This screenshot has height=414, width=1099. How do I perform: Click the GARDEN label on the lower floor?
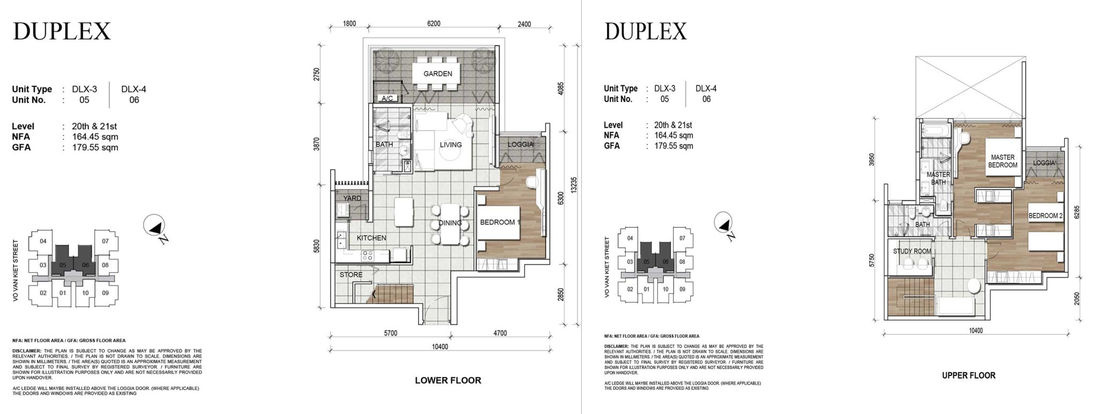437,74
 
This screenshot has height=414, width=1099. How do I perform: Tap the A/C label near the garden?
386,99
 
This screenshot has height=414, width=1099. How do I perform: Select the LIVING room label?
450,144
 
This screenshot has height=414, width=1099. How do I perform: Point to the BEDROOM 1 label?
500,222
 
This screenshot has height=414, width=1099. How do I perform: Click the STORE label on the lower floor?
351,275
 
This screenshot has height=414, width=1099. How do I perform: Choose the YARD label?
352,198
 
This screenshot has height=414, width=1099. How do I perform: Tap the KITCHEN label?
371,238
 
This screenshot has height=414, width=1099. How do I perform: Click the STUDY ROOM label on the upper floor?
912,251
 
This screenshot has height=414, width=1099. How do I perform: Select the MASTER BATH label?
938,178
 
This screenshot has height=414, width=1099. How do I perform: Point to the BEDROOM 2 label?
1045,216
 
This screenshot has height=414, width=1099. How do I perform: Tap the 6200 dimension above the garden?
434,24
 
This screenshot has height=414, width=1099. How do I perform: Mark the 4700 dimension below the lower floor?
500,333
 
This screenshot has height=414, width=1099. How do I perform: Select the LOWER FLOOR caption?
448,380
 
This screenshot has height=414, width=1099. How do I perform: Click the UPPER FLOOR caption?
968,375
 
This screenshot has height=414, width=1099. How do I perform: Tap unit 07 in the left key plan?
105,241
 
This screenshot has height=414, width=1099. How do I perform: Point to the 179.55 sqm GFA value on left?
95,147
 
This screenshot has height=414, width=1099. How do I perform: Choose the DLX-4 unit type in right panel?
706,89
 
